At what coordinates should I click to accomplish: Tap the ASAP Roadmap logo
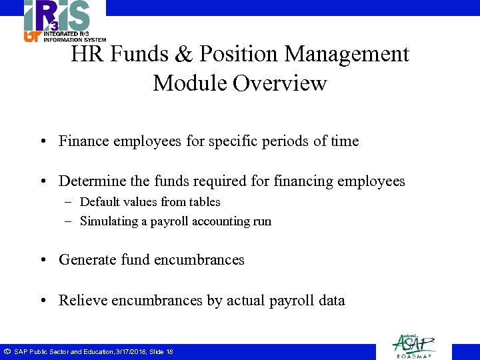tap(414, 345)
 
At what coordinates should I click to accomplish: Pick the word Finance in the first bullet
tap(83, 141)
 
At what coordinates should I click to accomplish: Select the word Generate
tap(87, 260)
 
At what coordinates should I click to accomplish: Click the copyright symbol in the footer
tap(7, 351)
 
